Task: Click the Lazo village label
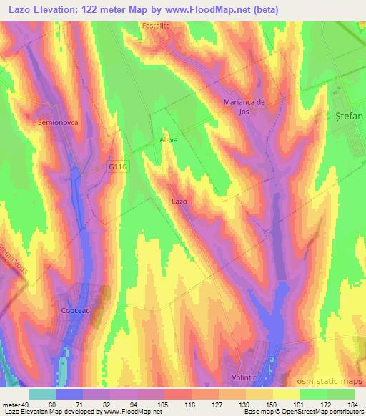point(179,202)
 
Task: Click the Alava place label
point(169,140)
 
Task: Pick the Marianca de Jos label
point(245,107)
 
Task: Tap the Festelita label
point(158,25)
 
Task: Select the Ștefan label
point(350,115)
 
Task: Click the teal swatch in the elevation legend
point(42,394)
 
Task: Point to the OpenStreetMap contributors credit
point(322,412)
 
